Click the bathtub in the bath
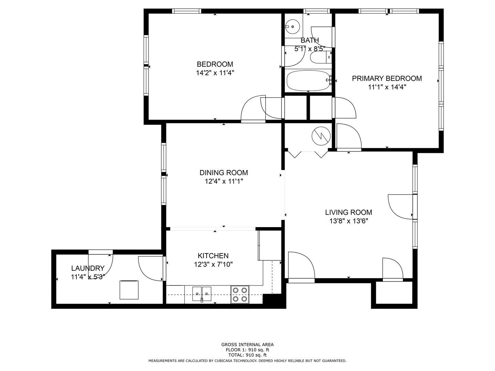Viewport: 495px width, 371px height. [308, 80]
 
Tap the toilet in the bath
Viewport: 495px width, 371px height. [321, 57]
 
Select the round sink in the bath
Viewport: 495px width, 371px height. [292, 26]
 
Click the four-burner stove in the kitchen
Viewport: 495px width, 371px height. [240, 294]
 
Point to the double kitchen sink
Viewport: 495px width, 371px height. [201, 294]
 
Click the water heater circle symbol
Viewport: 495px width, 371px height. [321, 136]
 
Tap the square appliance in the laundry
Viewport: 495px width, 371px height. [129, 290]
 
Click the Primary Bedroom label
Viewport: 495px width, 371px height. [387, 78]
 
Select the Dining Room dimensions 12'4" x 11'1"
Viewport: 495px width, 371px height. [224, 181]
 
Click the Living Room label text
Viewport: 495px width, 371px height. [349, 212]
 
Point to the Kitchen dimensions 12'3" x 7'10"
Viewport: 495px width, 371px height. [213, 264]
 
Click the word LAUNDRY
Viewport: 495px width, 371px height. [88, 268]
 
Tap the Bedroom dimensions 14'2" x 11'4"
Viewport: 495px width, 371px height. [215, 73]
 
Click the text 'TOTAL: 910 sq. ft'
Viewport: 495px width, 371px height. [247, 355]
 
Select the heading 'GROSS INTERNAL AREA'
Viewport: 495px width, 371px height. [247, 345]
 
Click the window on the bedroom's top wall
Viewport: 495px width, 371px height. [187, 11]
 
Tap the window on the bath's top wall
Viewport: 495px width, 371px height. [316, 11]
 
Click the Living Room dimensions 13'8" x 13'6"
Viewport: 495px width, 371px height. [349, 221]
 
